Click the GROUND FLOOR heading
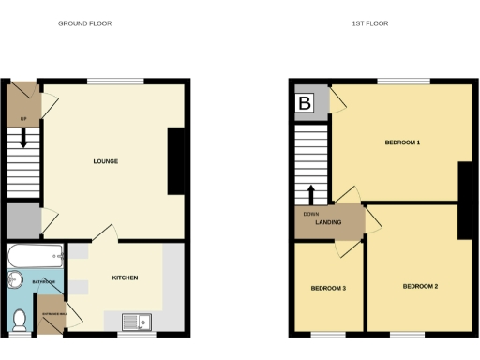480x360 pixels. [85, 23]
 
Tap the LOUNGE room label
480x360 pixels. [105, 161]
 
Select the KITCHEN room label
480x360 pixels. [126, 277]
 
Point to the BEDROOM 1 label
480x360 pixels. [401, 142]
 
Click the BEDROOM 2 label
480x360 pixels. [420, 285]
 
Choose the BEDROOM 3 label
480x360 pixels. [328, 288]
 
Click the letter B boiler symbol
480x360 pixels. [305, 102]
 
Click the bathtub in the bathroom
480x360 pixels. [34, 253]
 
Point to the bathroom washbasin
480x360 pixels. [14, 280]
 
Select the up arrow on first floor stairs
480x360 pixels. [310, 194]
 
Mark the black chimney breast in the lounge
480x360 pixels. [176, 161]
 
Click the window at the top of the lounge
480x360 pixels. [116, 82]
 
